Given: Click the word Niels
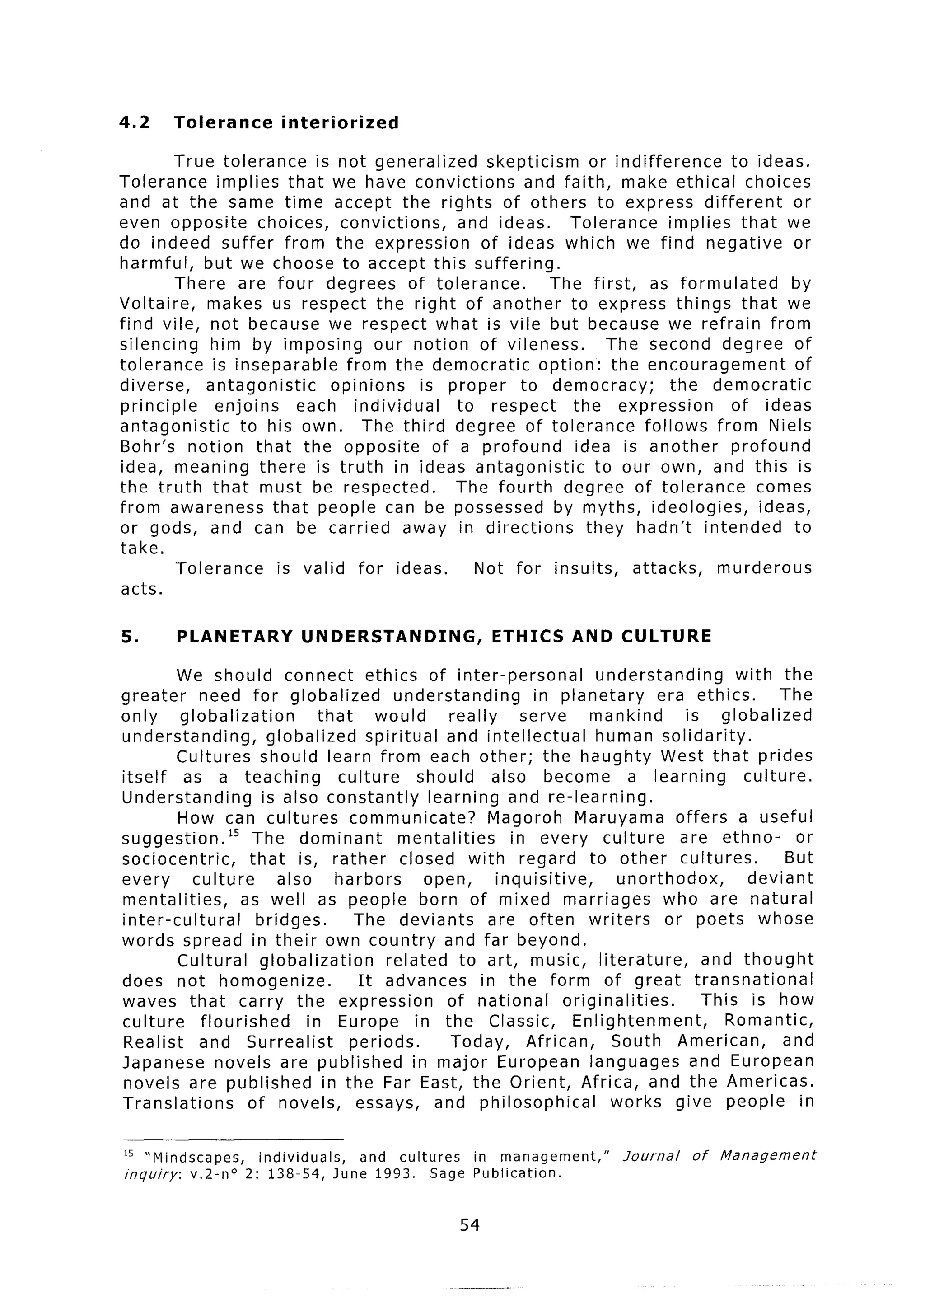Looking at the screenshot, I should [790, 426].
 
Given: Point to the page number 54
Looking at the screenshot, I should [469, 1224].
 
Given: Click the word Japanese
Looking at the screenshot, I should [162, 1063].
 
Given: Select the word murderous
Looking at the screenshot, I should [764, 568].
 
